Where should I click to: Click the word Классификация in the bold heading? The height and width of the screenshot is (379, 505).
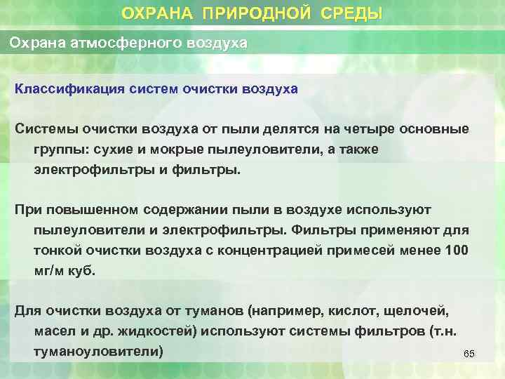[x=60, y=90]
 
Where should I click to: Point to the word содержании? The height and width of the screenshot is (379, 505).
[x=185, y=210]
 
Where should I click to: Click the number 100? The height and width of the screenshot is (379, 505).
[x=457, y=251]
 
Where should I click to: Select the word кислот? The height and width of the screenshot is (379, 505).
[x=351, y=310]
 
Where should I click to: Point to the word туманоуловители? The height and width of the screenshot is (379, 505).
[x=99, y=351]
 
